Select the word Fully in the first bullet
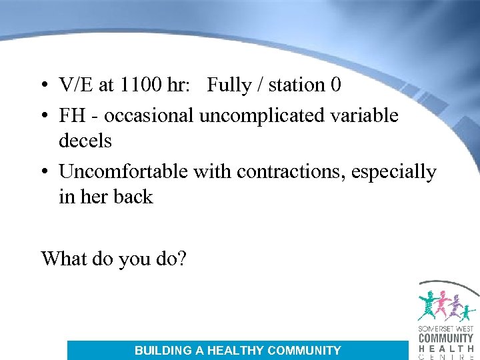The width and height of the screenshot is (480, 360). pos(229,85)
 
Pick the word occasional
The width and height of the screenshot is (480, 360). pos(149,115)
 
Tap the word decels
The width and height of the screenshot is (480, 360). pos(85,141)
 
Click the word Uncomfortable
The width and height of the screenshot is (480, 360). pos(124,171)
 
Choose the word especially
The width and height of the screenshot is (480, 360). pos(403,171)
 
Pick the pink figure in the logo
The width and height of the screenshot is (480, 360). pos(441,303)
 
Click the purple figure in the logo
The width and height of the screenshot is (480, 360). pos(456,307)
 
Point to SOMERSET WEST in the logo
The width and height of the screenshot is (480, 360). pos(446,329)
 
